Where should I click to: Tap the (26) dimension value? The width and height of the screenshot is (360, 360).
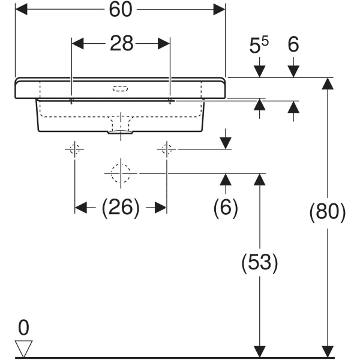[121, 208]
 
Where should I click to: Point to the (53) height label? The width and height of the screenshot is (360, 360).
[260, 263]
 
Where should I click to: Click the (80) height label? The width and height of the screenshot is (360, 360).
[328, 212]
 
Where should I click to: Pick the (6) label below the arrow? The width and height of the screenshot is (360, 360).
[226, 208]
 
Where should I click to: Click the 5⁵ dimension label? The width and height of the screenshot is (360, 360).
[259, 45]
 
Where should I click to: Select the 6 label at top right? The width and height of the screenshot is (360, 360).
[293, 45]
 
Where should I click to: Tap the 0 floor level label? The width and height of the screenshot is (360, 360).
[23, 328]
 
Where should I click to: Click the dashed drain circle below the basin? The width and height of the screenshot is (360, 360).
[121, 173]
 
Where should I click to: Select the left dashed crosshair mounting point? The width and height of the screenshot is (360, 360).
[75, 149]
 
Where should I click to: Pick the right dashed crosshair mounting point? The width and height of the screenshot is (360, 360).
[167, 149]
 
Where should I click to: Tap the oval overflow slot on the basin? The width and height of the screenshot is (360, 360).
[120, 89]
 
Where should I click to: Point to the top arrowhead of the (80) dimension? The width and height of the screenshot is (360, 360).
[328, 84]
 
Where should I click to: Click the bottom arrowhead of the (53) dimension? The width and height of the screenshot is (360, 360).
[260, 352]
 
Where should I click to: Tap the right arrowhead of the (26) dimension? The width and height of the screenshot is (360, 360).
[160, 208]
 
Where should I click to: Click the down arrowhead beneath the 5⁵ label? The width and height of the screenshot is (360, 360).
[259, 71]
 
